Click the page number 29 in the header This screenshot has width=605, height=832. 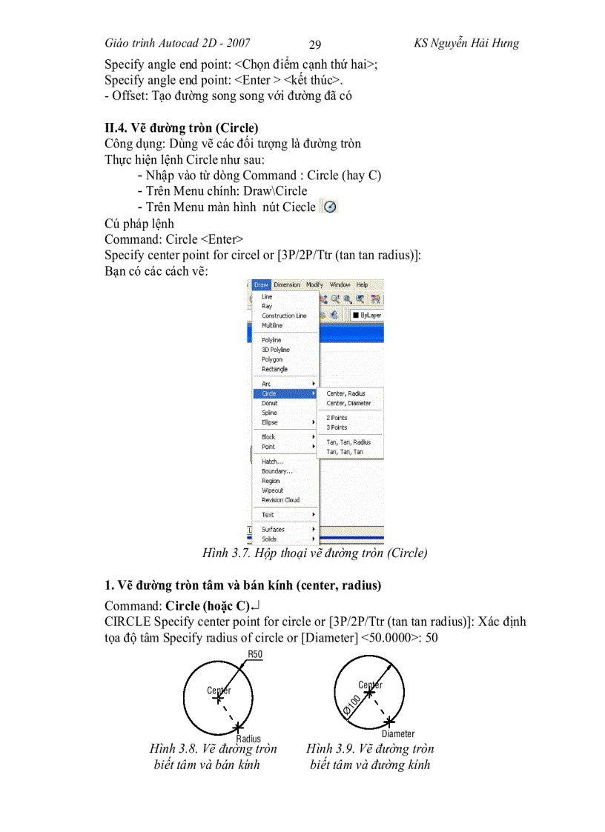click(314, 44)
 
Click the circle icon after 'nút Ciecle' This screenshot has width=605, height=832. click(330, 207)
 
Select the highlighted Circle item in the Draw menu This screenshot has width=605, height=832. click(269, 393)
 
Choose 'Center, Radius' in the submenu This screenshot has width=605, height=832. click(346, 393)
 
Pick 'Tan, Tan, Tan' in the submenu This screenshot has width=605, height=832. click(345, 451)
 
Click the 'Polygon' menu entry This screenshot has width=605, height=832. click(272, 359)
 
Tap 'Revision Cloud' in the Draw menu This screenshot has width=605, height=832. click(280, 500)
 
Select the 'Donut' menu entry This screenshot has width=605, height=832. click(270, 403)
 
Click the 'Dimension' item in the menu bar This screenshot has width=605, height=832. click(287, 284)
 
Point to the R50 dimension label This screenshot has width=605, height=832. click(255, 654)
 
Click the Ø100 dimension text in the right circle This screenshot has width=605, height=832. click(352, 705)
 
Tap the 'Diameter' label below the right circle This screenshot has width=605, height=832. click(398, 733)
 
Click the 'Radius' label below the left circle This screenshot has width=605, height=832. click(248, 739)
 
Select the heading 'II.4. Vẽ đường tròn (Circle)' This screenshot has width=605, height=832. click(181, 127)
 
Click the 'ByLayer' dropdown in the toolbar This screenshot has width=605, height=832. click(367, 315)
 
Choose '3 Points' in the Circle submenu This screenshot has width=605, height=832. click(337, 427)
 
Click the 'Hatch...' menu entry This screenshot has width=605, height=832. click(272, 462)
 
